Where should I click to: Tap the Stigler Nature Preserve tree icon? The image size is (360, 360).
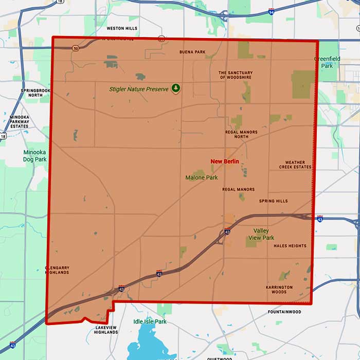tap(176, 88)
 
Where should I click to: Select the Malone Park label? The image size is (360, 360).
tap(202, 177)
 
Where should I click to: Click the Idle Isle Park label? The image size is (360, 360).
tap(150, 321)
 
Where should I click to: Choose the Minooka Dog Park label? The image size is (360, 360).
tap(35, 156)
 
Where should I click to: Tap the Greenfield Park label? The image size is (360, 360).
tap(328, 62)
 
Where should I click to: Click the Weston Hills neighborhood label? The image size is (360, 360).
tap(122, 28)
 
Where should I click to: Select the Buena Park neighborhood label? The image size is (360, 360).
tap(192, 52)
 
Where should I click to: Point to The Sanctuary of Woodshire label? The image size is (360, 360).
tap(236, 75)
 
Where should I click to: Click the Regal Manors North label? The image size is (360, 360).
tap(241, 135)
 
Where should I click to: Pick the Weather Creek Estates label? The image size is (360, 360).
tap(295, 165)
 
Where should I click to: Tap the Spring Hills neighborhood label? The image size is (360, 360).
tap(274, 201)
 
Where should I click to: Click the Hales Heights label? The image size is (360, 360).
tap(290, 246)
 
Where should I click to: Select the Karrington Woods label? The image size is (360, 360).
tap(279, 290)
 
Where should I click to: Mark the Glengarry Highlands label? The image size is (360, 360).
tap(57, 269)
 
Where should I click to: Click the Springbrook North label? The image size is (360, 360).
tap(35, 93)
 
